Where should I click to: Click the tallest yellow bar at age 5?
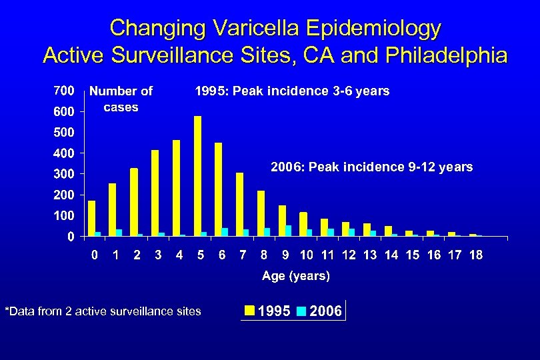pyautogui.click(x=197, y=176)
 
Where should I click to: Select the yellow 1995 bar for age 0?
pyautogui.click(x=91, y=219)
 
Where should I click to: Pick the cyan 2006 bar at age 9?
pyautogui.click(x=288, y=231)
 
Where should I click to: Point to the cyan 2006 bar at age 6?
pyautogui.click(x=225, y=232)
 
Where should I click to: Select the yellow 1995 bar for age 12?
pyautogui.click(x=345, y=229)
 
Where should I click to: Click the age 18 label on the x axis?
pyautogui.click(x=475, y=255)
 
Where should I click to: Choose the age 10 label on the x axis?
pyautogui.click(x=307, y=255)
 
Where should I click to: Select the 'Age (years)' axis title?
pyautogui.click(x=295, y=275)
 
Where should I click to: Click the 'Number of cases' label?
pyautogui.click(x=121, y=99)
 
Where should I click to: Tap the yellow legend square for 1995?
pyautogui.click(x=249, y=311)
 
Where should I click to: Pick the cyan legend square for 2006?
pyautogui.click(x=301, y=311)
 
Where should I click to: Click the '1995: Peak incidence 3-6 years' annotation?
pyautogui.click(x=291, y=91)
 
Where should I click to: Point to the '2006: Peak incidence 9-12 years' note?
pyautogui.click(x=371, y=167)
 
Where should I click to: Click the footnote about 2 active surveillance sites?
pyautogui.click(x=103, y=311)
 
